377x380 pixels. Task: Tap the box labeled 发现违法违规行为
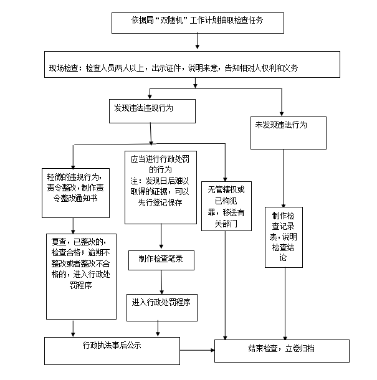coord(153,110)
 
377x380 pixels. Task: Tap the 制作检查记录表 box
coord(284,237)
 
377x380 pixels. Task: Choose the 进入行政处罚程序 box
coord(161,304)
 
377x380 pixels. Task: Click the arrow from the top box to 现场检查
coord(197,41)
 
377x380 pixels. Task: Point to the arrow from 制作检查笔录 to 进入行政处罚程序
coord(162,282)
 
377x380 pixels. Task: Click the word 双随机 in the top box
coord(171,21)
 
